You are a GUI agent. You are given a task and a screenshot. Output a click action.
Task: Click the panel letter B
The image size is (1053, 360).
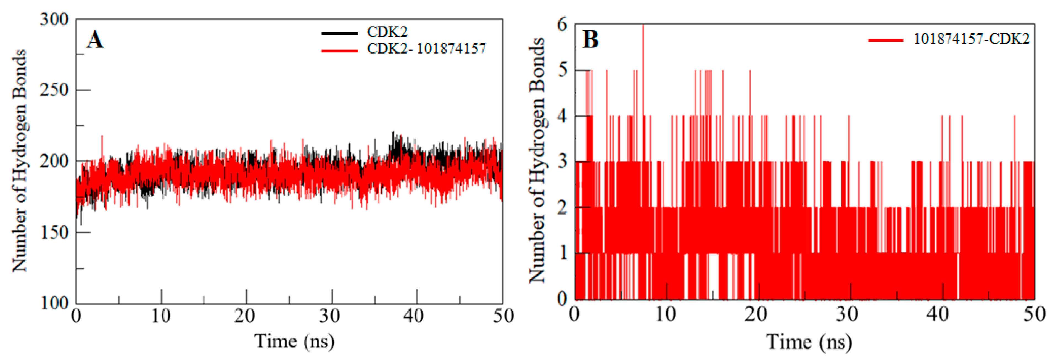tap(590, 40)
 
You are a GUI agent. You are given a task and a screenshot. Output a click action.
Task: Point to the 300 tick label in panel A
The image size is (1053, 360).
tap(54, 20)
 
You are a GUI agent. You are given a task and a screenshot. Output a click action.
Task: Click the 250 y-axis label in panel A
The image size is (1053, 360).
tap(54, 90)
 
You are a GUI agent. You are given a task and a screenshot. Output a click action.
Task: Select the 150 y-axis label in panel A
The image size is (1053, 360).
tap(54, 232)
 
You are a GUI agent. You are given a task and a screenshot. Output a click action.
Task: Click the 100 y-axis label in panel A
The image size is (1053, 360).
tap(54, 303)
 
